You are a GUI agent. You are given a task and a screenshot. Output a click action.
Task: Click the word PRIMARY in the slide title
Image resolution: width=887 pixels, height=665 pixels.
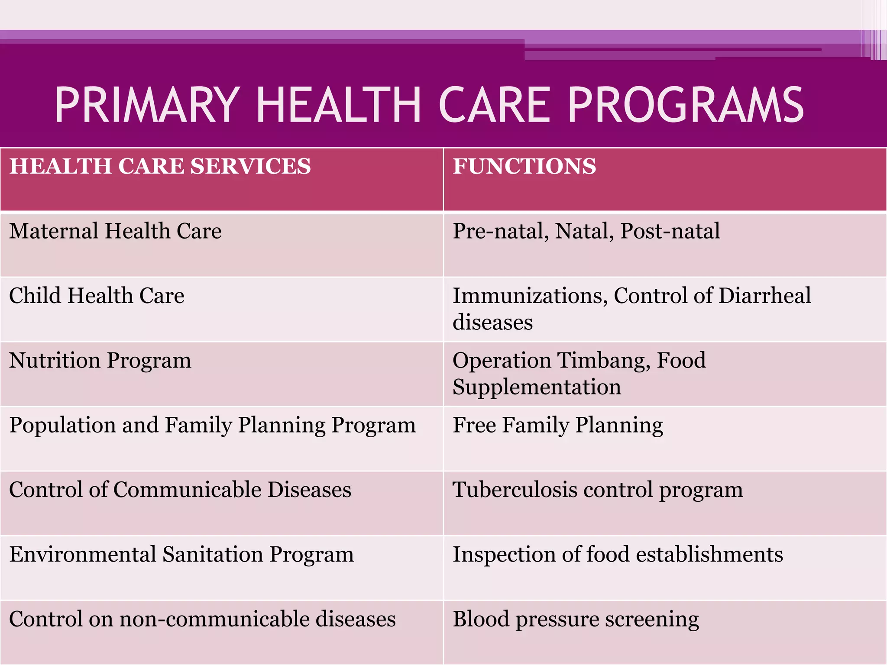(147, 105)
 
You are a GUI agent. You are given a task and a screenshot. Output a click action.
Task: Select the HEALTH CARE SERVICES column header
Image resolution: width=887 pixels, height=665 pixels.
(160, 166)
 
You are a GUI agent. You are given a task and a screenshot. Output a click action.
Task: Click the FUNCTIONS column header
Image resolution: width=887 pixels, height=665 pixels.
(524, 166)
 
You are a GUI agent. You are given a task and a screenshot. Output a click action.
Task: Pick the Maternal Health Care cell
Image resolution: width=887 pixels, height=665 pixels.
(115, 231)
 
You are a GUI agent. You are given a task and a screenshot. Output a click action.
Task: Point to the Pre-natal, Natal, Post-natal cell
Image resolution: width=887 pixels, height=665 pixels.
(586, 231)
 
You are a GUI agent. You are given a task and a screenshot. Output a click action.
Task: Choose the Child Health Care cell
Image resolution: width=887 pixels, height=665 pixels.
(97, 296)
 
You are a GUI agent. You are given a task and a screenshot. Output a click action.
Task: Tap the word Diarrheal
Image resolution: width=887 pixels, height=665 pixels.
(765, 296)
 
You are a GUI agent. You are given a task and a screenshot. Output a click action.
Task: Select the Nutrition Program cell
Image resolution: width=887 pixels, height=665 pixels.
(100, 360)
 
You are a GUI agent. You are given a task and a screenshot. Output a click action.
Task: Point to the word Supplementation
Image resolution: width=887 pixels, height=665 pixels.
(537, 387)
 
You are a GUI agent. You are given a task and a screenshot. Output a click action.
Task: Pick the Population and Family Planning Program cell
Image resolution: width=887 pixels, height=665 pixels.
(212, 425)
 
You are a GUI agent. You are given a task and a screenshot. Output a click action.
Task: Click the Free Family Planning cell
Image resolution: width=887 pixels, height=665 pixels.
(557, 425)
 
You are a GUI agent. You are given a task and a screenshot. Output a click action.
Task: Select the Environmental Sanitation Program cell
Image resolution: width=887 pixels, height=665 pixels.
(181, 554)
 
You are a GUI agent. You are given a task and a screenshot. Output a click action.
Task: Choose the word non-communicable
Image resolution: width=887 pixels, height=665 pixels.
(214, 619)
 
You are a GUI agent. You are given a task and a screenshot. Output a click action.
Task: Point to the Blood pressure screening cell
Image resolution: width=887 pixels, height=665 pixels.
(576, 619)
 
